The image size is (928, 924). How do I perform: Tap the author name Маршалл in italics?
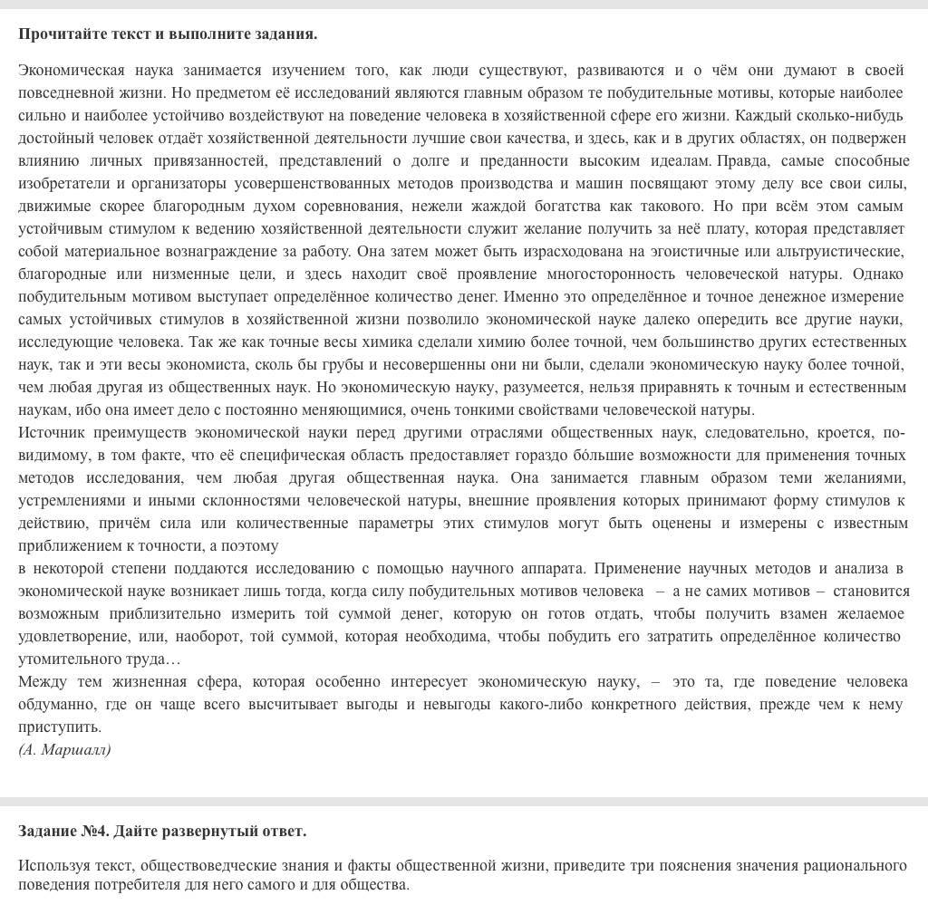point(76,749)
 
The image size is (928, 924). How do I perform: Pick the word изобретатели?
point(61,183)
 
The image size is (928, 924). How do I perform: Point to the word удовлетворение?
point(65,636)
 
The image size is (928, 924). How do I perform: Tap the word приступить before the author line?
point(60,727)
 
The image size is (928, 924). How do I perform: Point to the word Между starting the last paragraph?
point(42,681)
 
